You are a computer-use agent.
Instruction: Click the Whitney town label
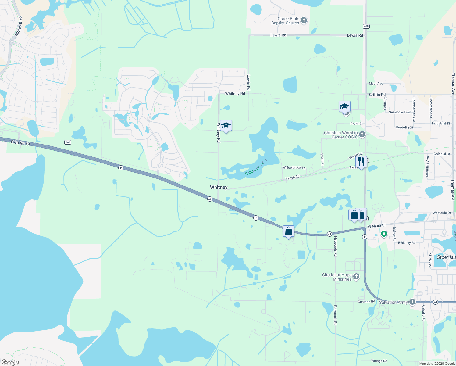tap(219, 187)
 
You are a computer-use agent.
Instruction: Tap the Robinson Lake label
tap(256, 167)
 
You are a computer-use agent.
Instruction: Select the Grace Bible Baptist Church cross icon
tap(304, 21)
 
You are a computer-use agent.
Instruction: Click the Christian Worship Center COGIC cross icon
tap(362, 135)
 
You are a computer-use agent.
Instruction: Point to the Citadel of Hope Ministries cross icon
tap(356, 277)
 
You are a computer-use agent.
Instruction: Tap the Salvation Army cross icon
tap(412, 302)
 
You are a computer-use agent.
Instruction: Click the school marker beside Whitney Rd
tap(226, 126)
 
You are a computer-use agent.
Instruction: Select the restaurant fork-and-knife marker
tap(361, 162)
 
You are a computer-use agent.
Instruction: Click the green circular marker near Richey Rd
tap(384, 234)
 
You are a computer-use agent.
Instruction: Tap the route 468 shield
tap(366, 26)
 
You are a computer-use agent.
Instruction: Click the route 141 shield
tap(68, 142)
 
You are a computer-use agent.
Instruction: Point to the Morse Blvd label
tap(19, 26)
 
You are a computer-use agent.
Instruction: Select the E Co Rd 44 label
tap(20, 142)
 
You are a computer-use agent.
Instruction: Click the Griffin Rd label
tap(377, 95)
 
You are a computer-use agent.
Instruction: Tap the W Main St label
tap(376, 226)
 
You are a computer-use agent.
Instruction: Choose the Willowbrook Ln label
tap(294, 167)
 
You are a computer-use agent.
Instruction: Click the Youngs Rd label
tap(379, 361)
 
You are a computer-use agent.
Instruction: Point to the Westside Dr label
tap(442, 213)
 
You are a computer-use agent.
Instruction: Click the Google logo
tap(10, 362)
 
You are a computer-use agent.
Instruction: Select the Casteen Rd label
tap(366, 302)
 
